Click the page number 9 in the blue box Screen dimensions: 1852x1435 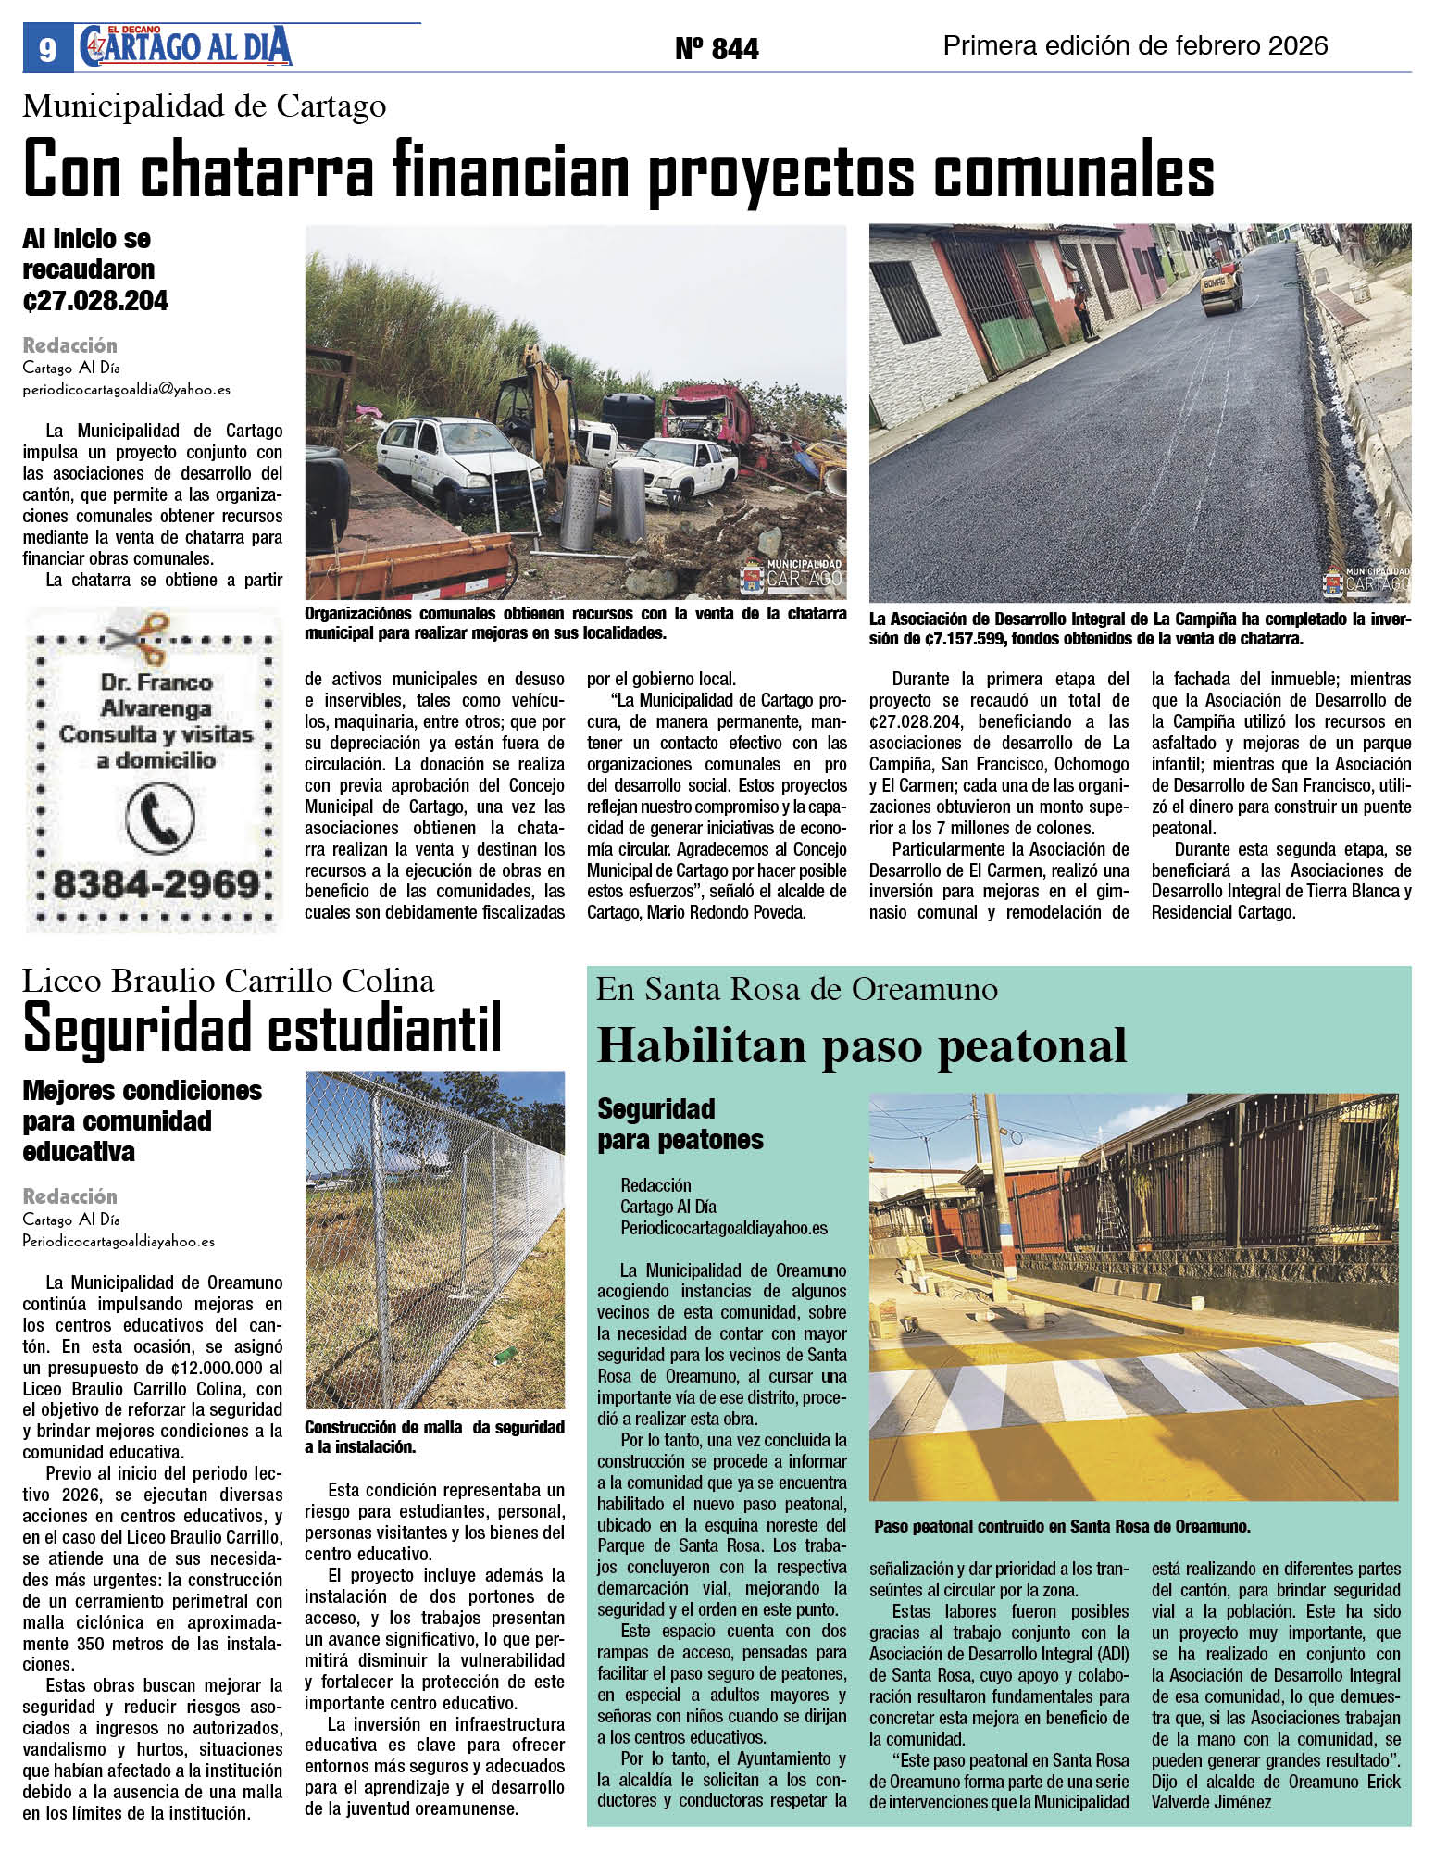[x=47, y=49]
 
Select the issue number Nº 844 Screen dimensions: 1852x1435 [x=717, y=48]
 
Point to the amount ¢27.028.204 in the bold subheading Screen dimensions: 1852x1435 [x=95, y=301]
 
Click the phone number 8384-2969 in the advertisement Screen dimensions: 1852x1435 [x=156, y=884]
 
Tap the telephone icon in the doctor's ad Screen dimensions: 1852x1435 [x=159, y=817]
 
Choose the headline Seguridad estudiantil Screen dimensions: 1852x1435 [x=262, y=1028]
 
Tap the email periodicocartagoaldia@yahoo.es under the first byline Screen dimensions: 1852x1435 [x=127, y=390]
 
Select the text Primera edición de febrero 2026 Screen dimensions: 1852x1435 [x=1135, y=46]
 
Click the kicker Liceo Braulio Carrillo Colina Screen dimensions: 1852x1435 [x=228, y=980]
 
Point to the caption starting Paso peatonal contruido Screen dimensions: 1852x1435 [x=1062, y=1527]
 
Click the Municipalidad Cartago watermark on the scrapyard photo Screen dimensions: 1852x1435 [x=792, y=575]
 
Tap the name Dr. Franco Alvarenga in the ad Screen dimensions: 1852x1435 [x=156, y=695]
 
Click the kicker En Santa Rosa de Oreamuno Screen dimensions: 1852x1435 [x=797, y=990]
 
